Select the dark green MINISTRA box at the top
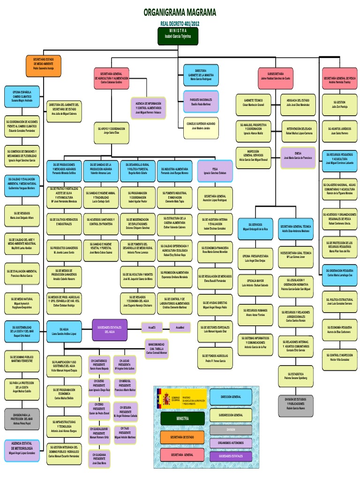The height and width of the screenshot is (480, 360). point(178,36)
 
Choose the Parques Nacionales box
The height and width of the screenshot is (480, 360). point(201,102)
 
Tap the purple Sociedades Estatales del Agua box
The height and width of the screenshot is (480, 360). point(109,330)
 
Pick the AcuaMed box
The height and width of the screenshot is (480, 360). point(180,327)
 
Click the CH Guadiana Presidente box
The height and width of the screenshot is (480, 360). point(99,457)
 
